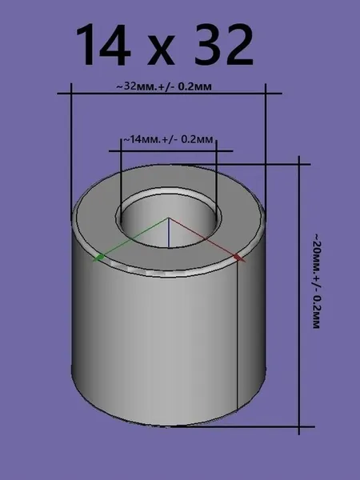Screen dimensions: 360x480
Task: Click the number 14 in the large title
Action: pyautogui.click(x=103, y=45)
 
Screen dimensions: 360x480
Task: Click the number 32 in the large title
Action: pyautogui.click(x=224, y=45)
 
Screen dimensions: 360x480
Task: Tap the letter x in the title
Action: pyautogui.click(x=162, y=50)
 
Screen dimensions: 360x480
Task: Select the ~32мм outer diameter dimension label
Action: pyautogui.click(x=164, y=86)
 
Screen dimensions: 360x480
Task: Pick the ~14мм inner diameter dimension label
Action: pyautogui.click(x=168, y=139)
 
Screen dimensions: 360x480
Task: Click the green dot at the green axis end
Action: pyautogui.click(x=99, y=257)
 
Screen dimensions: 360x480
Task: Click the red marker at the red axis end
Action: pyautogui.click(x=238, y=258)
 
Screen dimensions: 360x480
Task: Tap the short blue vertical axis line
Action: pyautogui.click(x=168, y=232)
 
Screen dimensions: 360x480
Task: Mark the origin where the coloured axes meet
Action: pyautogui.click(x=168, y=218)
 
